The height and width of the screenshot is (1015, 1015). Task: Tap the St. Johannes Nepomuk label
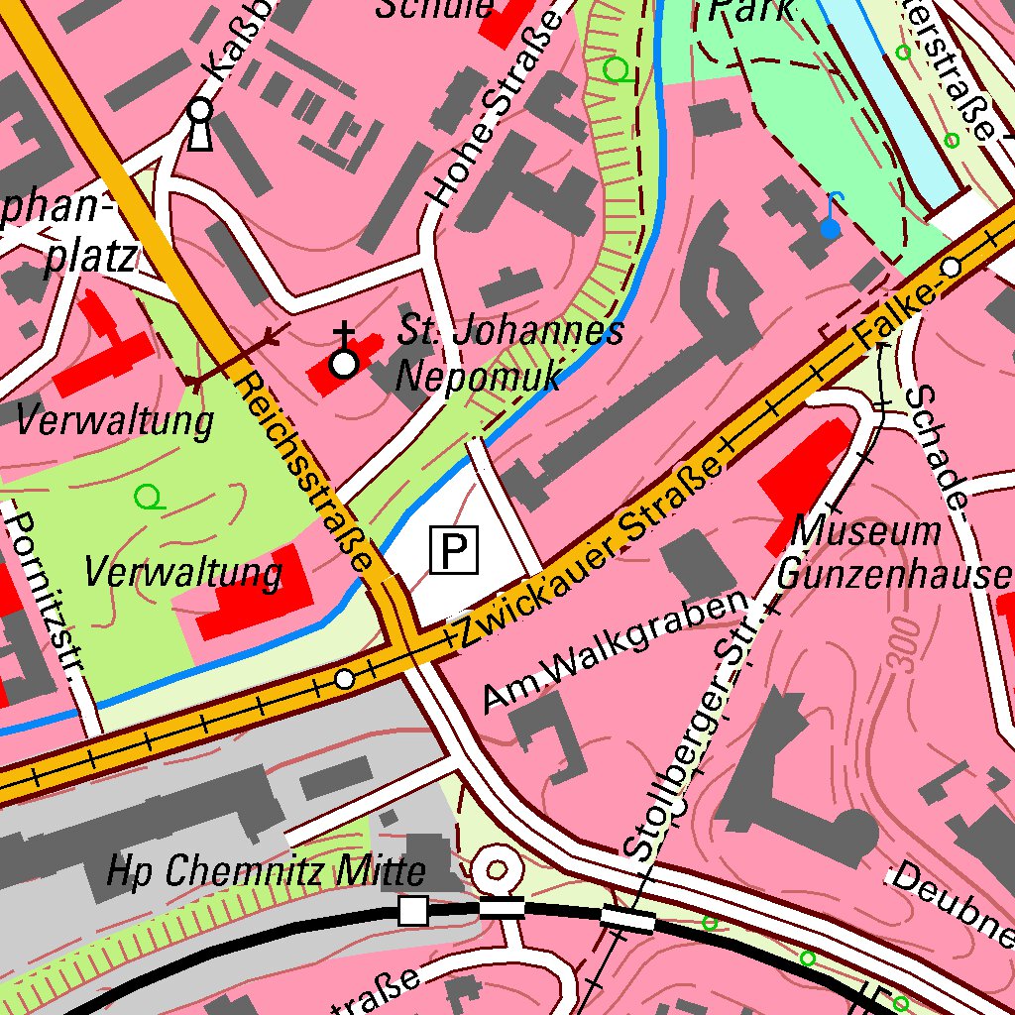pos(509,353)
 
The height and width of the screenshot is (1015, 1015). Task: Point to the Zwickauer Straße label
pos(585,550)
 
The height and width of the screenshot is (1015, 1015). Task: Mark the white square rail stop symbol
pos(412,909)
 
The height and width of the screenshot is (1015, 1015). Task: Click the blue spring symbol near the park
pos(831,228)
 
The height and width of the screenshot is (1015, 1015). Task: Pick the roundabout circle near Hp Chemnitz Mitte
pos(497,869)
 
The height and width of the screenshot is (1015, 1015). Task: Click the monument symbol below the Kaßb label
pos(200,124)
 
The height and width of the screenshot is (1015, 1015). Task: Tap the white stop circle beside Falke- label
pos(952,267)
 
